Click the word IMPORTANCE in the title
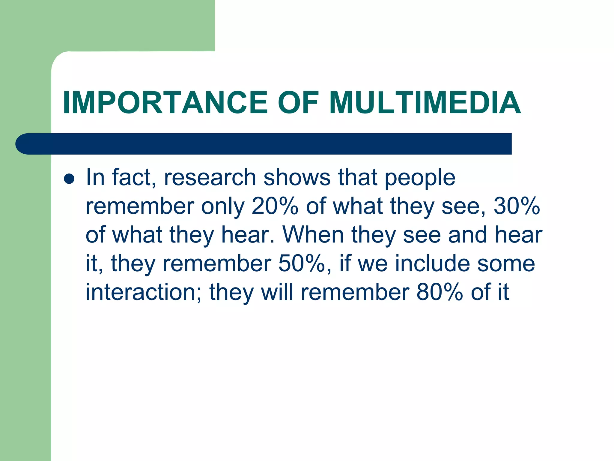coord(165,103)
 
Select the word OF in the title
coord(298,103)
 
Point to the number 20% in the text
coord(275,206)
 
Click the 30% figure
coord(517,206)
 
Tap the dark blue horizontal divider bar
coord(270,144)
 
